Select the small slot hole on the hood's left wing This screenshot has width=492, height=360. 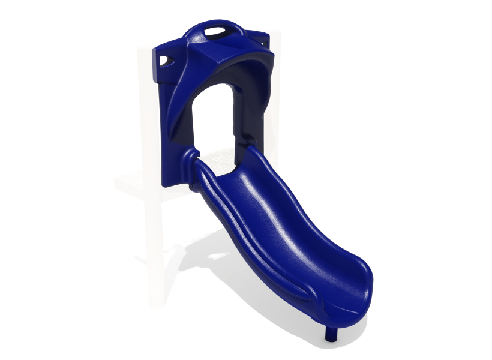tap(166, 60)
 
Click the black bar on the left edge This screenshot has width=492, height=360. tap(33, 180)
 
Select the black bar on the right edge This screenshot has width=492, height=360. tap(459, 180)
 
